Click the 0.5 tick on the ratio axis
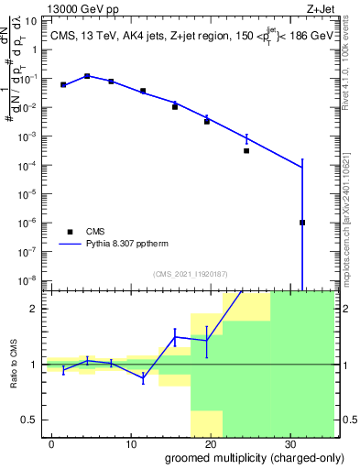point(31,420)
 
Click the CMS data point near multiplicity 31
point(302,223)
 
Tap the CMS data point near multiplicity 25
point(246,150)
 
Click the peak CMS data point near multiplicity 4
point(87,76)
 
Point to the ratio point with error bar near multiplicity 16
point(174,337)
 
